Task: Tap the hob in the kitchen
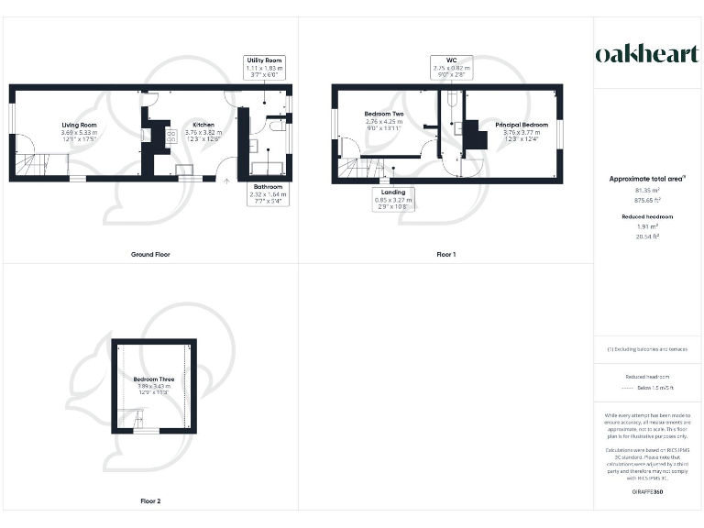(x=170, y=136)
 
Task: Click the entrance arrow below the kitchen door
(x=227, y=181)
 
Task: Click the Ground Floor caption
(x=149, y=254)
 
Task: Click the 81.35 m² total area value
(x=647, y=191)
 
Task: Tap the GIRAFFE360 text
(x=647, y=493)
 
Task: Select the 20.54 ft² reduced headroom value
(x=647, y=236)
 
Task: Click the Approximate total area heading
(x=647, y=179)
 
